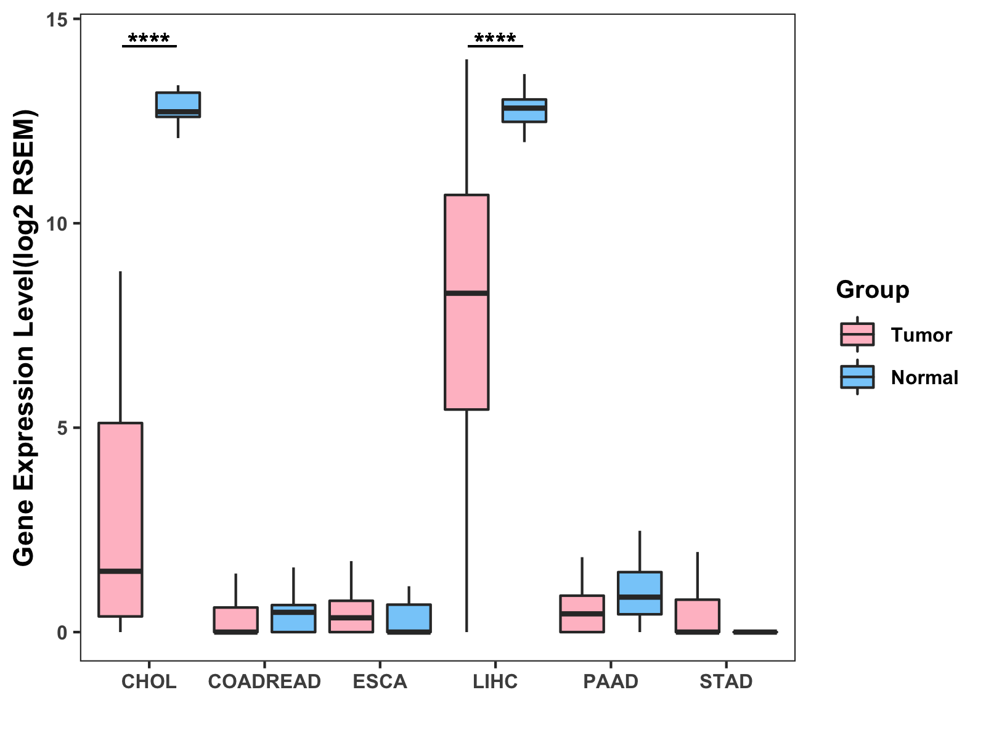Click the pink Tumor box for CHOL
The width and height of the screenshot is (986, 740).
121,519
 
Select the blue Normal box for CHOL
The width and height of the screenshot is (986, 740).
177,104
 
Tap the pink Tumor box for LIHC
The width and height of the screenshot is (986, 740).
467,302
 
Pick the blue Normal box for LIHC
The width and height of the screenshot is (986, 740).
524,110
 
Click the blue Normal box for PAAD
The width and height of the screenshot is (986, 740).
640,593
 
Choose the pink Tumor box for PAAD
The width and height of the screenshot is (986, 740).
582,614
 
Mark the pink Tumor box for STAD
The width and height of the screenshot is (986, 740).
698,615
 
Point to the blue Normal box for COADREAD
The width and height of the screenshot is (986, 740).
293,618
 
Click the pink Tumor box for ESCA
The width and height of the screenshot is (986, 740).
351,616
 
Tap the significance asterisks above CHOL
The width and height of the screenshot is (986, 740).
149,39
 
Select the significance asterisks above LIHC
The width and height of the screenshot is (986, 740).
495,39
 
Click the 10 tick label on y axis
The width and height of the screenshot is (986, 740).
56,224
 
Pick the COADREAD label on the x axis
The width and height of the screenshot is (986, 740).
264,681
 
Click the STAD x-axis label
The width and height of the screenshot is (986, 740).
726,681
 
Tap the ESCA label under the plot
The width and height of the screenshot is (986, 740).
380,681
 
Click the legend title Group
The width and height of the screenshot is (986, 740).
872,290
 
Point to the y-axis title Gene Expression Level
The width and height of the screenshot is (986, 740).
25,338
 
